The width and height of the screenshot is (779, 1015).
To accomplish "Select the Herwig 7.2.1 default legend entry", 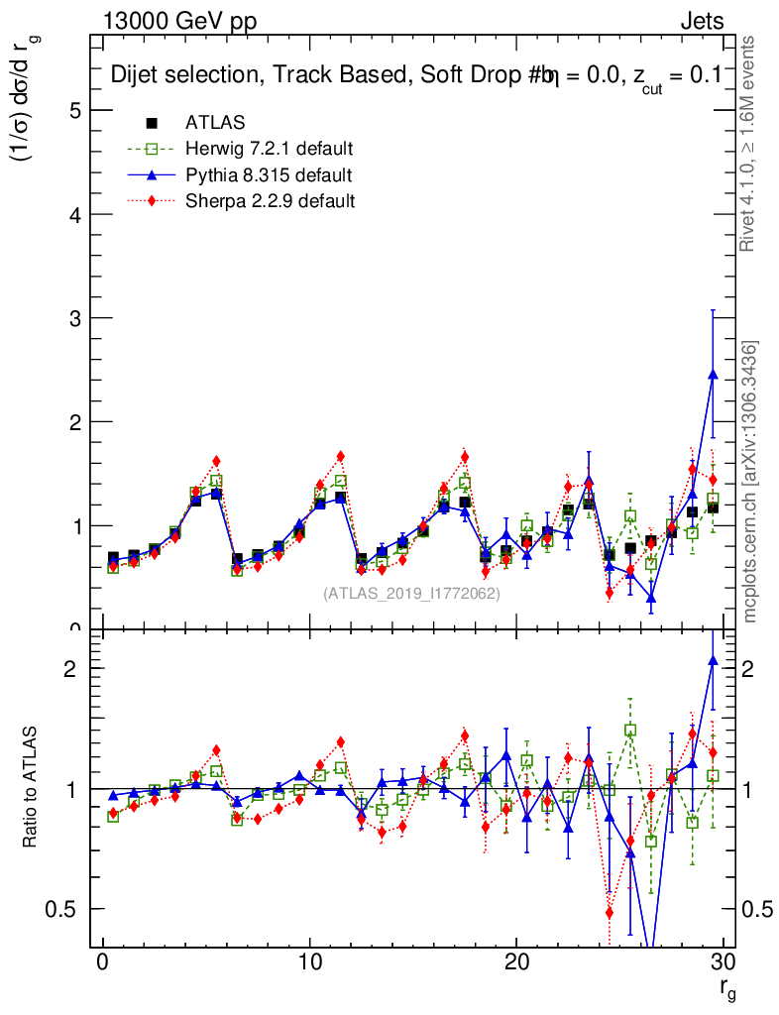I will click(x=269, y=150).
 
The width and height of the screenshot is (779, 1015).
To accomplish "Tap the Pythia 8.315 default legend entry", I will click(x=268, y=175).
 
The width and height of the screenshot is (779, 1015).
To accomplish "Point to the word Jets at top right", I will click(x=701, y=21).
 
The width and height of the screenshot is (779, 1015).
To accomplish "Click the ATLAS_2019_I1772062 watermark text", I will click(x=411, y=594).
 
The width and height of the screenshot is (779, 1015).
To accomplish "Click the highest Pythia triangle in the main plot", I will click(x=713, y=375).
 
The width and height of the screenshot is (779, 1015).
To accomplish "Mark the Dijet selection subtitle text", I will click(x=416, y=74).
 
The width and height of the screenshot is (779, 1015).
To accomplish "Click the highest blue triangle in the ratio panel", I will click(x=713, y=659).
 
